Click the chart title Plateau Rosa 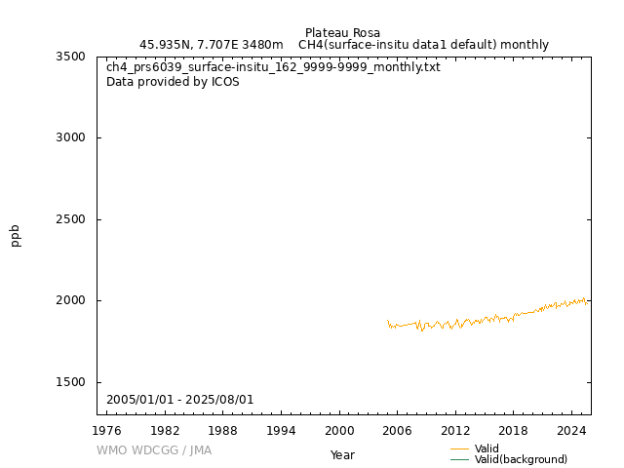pyautogui.click(x=342, y=33)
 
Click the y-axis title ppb pyautogui.click(x=16, y=235)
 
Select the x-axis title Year pyautogui.click(x=342, y=455)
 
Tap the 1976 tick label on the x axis pyautogui.click(x=107, y=430)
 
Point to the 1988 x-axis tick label pyautogui.click(x=223, y=430)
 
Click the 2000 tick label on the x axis pyautogui.click(x=339, y=430)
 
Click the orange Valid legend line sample pyautogui.click(x=460, y=448)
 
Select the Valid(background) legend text pyautogui.click(x=521, y=459)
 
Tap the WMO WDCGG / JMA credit pyautogui.click(x=154, y=450)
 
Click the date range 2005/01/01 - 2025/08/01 pyautogui.click(x=179, y=400)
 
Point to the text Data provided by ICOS pyautogui.click(x=173, y=82)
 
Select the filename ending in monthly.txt pyautogui.click(x=273, y=67)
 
